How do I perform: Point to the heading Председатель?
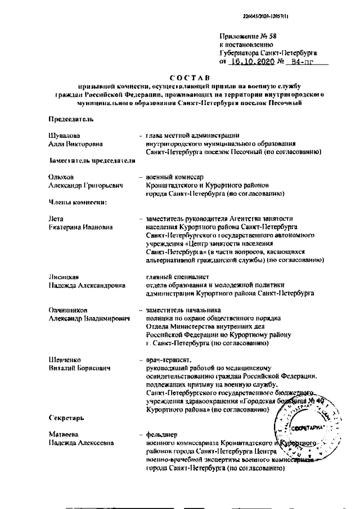pyautogui.click(x=66, y=119)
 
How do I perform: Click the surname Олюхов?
pyautogui.click(x=61, y=177)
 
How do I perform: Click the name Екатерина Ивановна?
pyautogui.click(x=80, y=227)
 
